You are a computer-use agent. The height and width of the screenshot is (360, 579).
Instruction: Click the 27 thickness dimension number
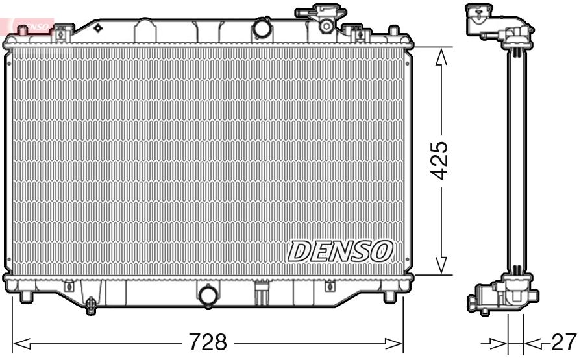(x=563, y=342)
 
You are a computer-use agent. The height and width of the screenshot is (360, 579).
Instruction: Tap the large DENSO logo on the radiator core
(x=340, y=251)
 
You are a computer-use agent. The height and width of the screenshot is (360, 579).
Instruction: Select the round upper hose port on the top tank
(x=262, y=29)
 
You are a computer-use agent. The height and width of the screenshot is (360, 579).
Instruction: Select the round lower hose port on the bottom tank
(x=208, y=295)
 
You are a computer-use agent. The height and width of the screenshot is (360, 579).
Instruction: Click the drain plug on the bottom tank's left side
(x=90, y=302)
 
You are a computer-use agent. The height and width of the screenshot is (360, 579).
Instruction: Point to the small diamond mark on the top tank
(x=97, y=29)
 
